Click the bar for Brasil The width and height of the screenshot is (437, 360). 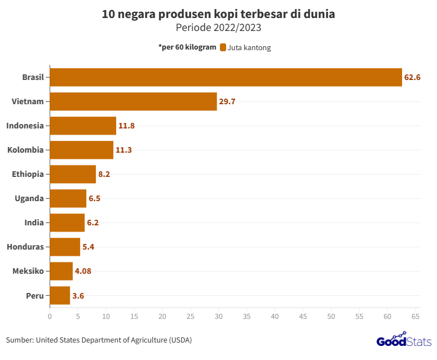[x=226, y=77]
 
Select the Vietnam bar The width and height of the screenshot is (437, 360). [x=133, y=101]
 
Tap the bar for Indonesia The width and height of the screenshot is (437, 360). [x=83, y=126]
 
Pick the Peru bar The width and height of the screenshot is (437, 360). [x=60, y=295]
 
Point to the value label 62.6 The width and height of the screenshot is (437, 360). [x=412, y=77]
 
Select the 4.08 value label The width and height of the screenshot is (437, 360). [x=83, y=271]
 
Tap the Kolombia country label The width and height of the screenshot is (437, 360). [x=25, y=150]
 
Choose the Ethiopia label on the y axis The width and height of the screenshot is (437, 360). [x=28, y=174]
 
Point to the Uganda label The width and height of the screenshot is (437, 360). [x=29, y=198]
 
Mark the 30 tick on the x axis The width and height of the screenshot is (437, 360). [x=218, y=317]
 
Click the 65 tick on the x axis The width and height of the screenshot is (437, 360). [x=416, y=317]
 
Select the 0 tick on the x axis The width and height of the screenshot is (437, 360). [x=50, y=317]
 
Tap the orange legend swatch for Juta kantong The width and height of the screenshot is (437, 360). [x=223, y=48]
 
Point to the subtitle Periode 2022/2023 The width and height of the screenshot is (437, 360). [x=218, y=27]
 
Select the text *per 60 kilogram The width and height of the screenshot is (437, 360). [x=187, y=47]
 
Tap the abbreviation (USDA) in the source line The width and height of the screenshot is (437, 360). [x=180, y=340]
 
